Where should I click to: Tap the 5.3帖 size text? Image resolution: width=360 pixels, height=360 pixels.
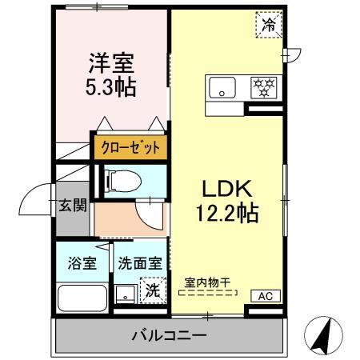pyautogui.click(x=110, y=86)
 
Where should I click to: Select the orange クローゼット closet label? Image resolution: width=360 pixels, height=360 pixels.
pyautogui.click(x=130, y=148)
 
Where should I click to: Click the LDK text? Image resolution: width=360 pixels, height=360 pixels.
pyautogui.click(x=226, y=190)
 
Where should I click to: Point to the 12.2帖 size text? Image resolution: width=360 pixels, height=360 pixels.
pyautogui.click(x=226, y=214)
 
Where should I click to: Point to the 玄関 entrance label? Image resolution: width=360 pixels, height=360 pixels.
pyautogui.click(x=71, y=206)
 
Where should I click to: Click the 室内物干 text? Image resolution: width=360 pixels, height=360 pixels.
pyautogui.click(x=207, y=282)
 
